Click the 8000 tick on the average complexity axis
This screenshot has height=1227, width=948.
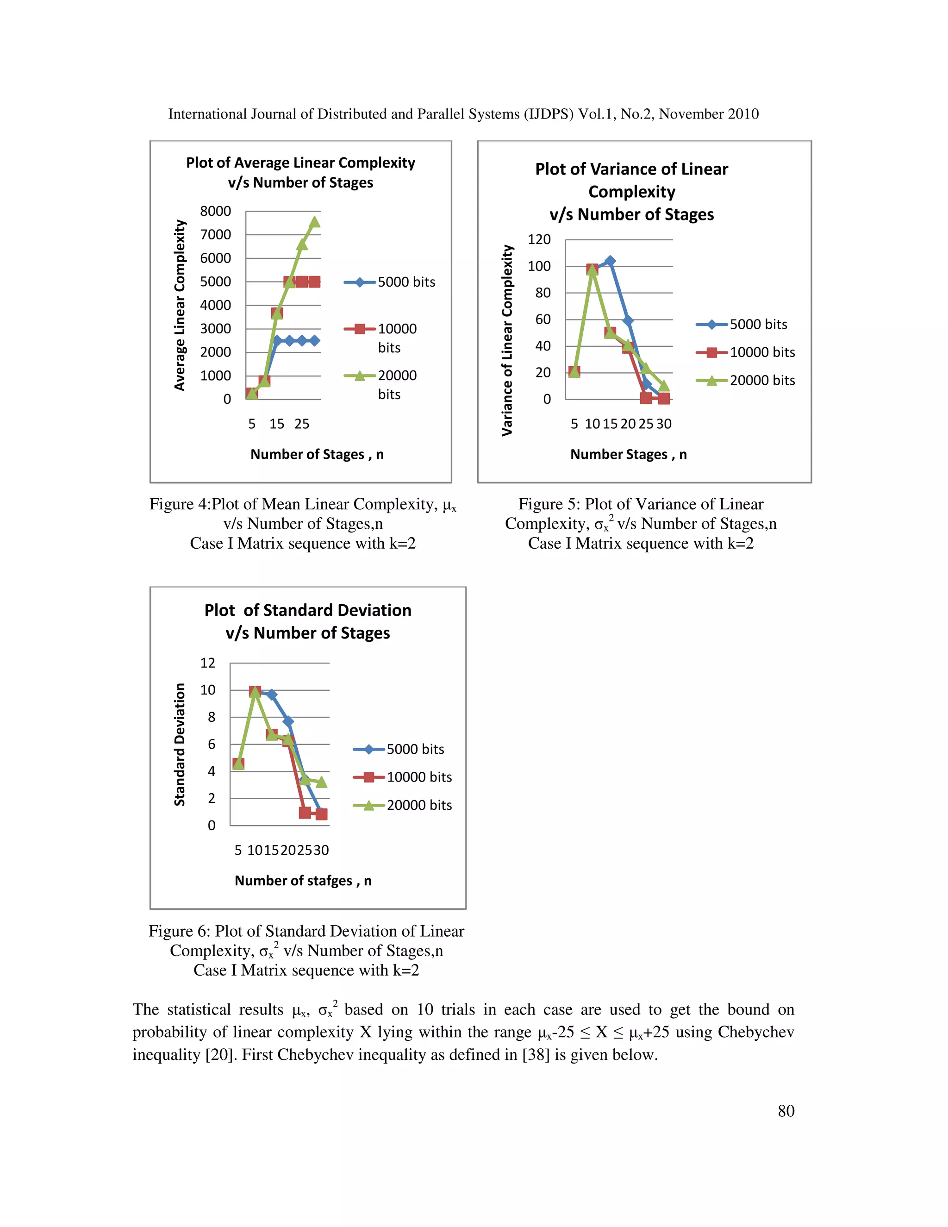[x=215, y=211]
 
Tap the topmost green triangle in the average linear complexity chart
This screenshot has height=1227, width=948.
[x=314, y=222]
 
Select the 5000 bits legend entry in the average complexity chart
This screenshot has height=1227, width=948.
[x=405, y=282]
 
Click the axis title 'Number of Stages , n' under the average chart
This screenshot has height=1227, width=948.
[x=317, y=455]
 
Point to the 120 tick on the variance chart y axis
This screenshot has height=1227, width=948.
[x=539, y=239]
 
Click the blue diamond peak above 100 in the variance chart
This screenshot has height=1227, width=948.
[x=610, y=261]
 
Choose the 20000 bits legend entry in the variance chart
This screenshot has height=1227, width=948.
[x=761, y=380]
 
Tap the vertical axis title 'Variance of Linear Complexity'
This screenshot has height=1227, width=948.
[x=507, y=340]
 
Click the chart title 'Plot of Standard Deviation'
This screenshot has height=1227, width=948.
[x=308, y=610]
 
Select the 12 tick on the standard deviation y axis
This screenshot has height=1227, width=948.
[x=207, y=663]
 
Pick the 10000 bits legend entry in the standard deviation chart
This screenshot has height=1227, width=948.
[x=418, y=777]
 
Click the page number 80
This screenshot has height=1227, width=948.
[x=786, y=1111]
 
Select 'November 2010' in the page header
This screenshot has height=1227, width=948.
[x=709, y=114]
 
